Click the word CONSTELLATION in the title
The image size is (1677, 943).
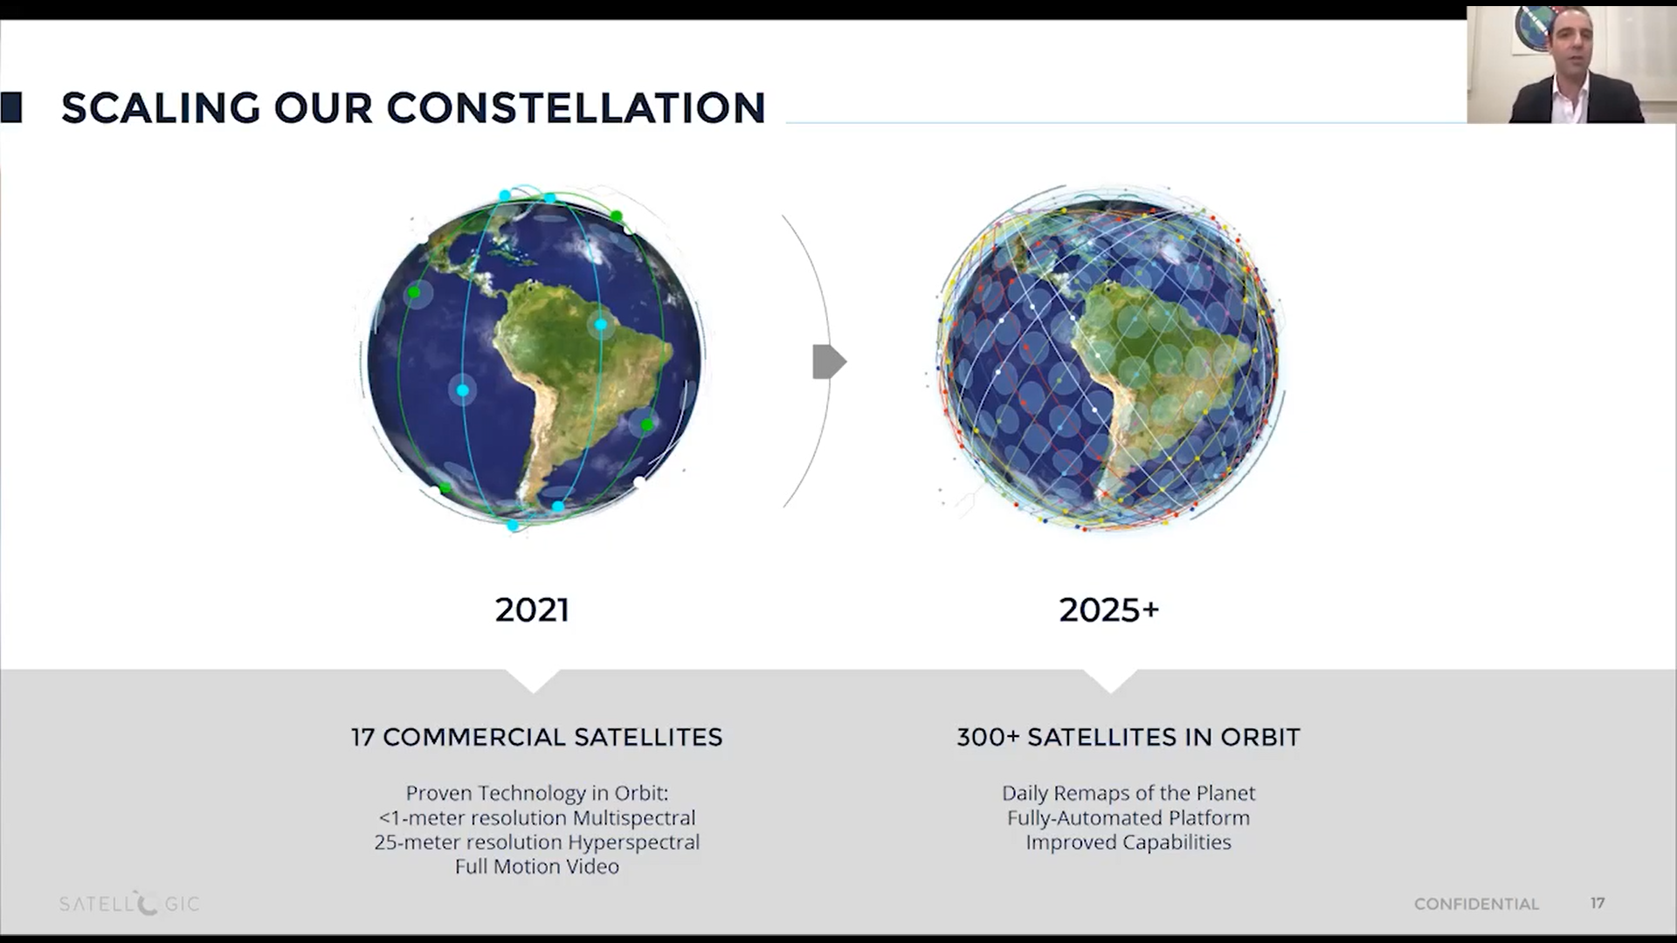(576, 108)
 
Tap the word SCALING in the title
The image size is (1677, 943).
(161, 108)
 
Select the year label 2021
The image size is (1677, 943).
(532, 609)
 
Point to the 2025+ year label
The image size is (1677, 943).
(1109, 609)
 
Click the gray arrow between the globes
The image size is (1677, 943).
(829, 361)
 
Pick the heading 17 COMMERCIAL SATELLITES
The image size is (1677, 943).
(537, 737)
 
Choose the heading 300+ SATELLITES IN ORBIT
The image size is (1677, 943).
(1128, 737)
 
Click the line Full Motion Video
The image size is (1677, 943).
(537, 866)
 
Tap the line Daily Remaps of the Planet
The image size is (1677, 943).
(1128, 793)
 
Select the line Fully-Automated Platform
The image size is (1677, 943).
(1128, 817)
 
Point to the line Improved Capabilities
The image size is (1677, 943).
(1128, 842)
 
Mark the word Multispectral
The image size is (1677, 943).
(634, 818)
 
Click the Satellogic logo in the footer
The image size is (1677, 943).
(129, 904)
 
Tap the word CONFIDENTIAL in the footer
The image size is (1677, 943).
(1476, 905)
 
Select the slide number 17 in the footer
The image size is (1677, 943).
(1598, 903)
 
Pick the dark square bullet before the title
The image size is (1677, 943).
(11, 107)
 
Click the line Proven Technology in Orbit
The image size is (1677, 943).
(537, 793)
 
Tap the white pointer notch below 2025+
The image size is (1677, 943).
(1111, 680)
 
